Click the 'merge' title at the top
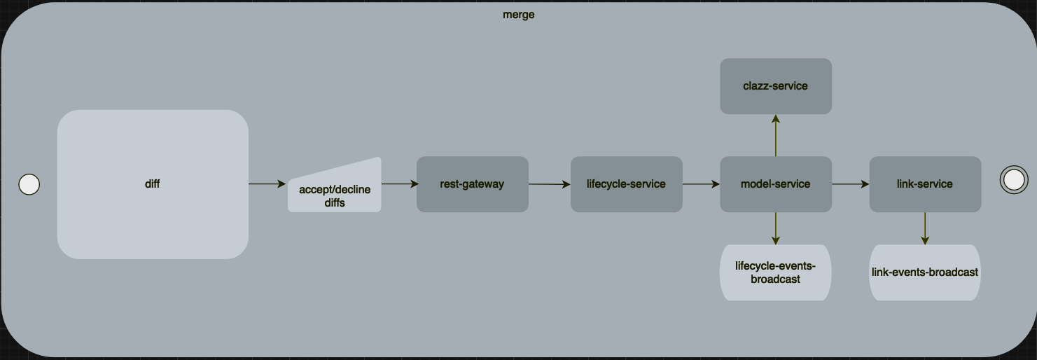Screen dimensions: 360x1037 click(518, 15)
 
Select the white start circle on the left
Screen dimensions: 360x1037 click(29, 184)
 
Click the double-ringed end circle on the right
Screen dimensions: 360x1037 click(1012, 180)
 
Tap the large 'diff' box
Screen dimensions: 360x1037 click(153, 184)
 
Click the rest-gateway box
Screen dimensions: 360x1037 click(473, 184)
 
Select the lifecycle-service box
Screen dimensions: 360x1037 click(626, 184)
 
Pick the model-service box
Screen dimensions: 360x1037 click(775, 184)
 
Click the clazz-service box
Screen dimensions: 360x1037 click(775, 86)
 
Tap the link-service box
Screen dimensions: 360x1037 click(924, 184)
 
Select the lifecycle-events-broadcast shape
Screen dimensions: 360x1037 click(775, 272)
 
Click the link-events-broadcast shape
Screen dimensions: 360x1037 click(924, 272)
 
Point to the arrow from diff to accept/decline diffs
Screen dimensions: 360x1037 click(267, 184)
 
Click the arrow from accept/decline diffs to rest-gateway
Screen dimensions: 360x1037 click(399, 184)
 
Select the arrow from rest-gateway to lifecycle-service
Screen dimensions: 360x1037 click(549, 184)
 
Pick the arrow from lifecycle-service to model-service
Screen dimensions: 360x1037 click(700, 184)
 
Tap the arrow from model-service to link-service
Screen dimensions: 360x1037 click(850, 184)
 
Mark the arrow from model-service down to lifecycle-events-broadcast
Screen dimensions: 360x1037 click(775, 228)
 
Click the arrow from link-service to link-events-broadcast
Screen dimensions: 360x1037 click(925, 228)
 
